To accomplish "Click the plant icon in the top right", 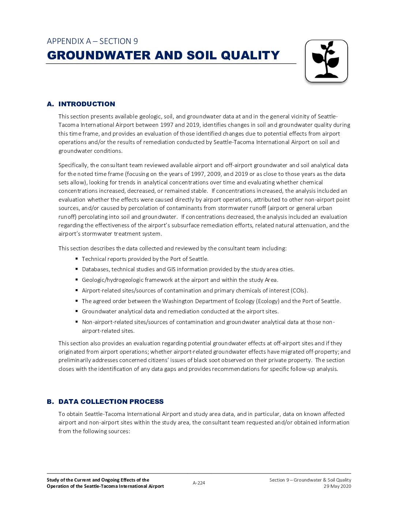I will (326, 61).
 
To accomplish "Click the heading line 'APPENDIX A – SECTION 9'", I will (92, 41).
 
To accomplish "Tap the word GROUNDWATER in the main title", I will (99, 55).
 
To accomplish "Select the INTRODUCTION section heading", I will (87, 104).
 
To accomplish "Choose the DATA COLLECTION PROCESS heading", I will (111, 402).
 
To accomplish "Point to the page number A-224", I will (199, 483).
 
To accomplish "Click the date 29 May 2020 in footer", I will (337, 486).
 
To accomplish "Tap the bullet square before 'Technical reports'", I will (77, 259).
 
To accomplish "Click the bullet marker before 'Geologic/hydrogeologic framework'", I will (77, 280).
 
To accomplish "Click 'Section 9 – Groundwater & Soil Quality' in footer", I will (310, 480).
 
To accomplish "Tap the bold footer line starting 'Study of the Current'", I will (98, 480).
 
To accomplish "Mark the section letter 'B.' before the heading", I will (50, 402).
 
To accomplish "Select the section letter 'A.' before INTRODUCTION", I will (50, 104).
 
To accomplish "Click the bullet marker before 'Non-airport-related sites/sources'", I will (77, 322).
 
